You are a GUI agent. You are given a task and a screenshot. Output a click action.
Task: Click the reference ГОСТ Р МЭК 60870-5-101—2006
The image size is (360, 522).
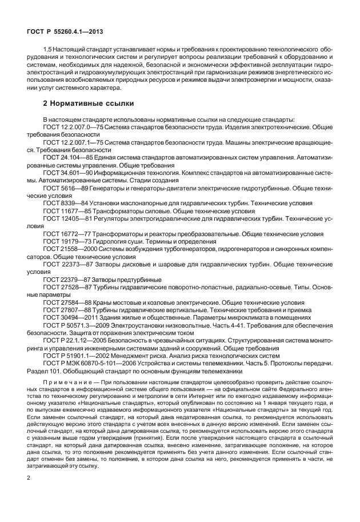point(88,362)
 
